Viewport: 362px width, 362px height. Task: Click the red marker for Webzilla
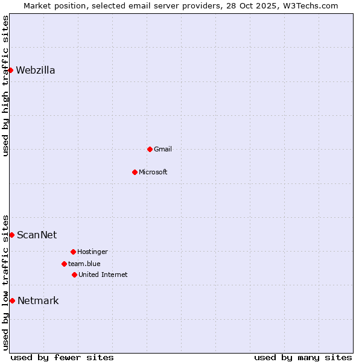pos(10,70)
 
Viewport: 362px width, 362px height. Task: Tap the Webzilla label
pos(36,71)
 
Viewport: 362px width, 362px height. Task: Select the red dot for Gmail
pos(150,149)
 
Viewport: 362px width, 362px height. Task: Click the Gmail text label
pos(163,150)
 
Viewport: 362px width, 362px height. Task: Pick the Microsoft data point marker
pos(135,172)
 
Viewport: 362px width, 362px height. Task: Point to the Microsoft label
pos(153,173)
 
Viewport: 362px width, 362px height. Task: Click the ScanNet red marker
pos(11,235)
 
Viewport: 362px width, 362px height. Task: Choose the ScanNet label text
pos(37,235)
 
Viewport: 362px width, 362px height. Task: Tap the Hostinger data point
pos(73,252)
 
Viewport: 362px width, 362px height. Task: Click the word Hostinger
pos(92,252)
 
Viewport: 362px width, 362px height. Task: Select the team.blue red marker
pos(64,264)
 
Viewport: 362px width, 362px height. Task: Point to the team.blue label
pos(84,264)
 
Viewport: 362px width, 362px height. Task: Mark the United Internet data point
pos(74,275)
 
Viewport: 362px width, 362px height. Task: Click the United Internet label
pos(103,275)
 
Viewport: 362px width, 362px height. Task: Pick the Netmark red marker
pos(12,300)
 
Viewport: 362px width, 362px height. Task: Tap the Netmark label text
pos(38,301)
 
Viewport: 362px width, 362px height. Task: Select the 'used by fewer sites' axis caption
pos(62,357)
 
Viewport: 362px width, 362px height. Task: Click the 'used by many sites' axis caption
pos(303,357)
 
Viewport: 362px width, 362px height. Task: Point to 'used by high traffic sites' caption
pos(6,86)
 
